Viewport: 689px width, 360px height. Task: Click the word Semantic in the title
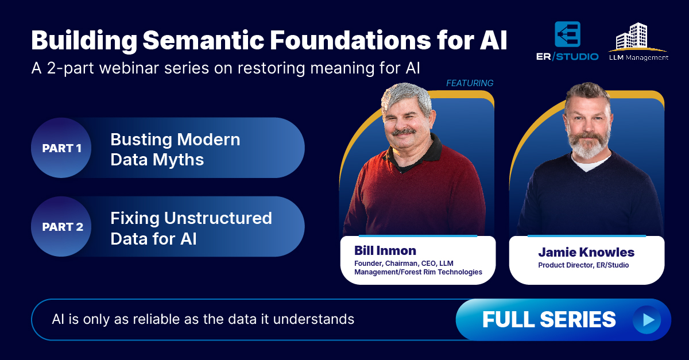[x=203, y=40]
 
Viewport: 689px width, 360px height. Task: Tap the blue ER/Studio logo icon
[x=567, y=34]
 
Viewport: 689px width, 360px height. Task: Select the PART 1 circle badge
[x=61, y=148]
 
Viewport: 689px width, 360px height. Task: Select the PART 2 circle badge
[x=61, y=226]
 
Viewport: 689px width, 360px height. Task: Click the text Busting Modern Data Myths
[x=175, y=149]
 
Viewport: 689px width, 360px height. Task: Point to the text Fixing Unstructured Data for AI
[x=191, y=229]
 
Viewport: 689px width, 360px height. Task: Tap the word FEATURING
[x=470, y=83]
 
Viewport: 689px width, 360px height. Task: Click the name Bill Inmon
[x=385, y=250]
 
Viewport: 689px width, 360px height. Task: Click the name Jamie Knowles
[x=586, y=252]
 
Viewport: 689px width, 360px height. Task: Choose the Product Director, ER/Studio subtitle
[x=583, y=265]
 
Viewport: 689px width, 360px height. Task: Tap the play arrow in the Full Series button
[x=649, y=320]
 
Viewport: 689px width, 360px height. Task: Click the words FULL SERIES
[x=549, y=320]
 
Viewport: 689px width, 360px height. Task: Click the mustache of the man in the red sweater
[x=404, y=131]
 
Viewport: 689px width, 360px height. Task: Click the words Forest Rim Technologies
[x=442, y=272]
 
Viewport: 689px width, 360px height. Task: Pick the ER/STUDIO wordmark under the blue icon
[x=567, y=57]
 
